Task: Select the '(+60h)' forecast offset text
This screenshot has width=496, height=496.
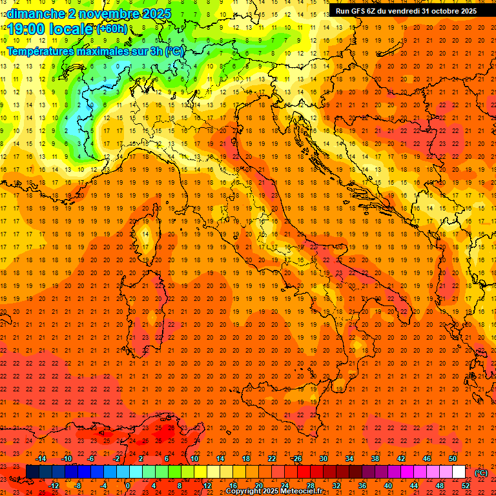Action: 112,29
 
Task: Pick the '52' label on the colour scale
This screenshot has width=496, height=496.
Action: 466,486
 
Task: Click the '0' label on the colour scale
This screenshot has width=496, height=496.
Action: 128,486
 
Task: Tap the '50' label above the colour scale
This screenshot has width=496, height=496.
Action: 453,459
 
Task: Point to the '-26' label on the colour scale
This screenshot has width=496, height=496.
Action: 296,459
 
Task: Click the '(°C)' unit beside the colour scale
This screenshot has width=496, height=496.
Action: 481,473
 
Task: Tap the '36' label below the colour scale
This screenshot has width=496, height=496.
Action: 362,486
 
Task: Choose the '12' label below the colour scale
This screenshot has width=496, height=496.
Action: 207,486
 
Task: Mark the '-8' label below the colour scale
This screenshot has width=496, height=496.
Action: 77,486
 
